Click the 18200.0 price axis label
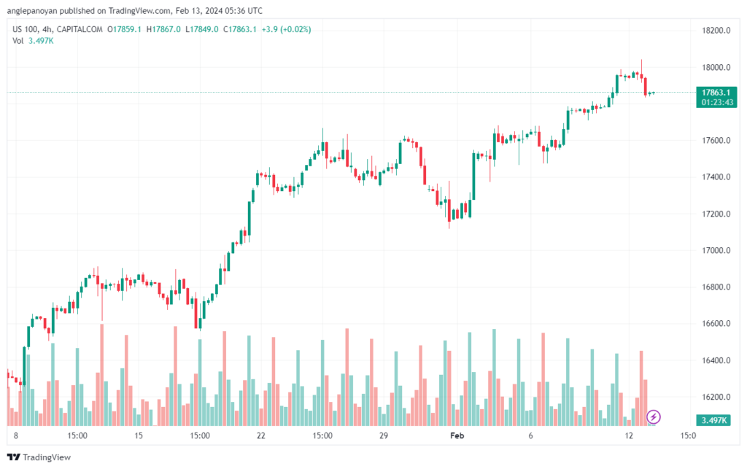(716, 31)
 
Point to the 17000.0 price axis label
(716, 250)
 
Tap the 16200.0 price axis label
(716, 397)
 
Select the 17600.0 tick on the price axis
(716, 140)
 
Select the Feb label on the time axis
(457, 436)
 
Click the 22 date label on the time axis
(260, 436)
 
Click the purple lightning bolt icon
(654, 416)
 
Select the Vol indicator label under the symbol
(18, 40)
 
